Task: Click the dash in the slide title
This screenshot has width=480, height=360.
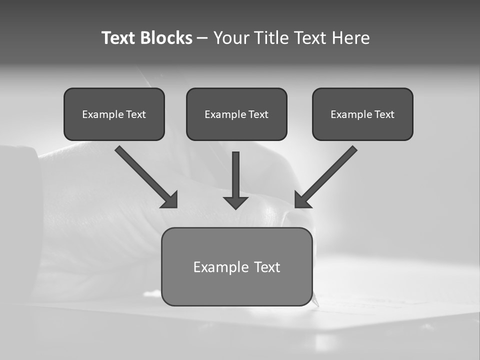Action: pos(202,38)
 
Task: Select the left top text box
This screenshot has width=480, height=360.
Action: pos(114,114)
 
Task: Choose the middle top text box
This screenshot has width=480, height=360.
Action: pos(236,114)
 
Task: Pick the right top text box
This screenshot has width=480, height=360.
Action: pos(362,114)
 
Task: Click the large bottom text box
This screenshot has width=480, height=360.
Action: pos(236,266)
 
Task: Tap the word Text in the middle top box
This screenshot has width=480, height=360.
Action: pos(258,114)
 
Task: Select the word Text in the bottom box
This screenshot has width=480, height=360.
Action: pos(267,267)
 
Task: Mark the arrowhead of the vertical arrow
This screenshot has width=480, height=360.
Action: pos(235,202)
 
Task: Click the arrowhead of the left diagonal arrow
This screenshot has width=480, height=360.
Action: pos(170,200)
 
